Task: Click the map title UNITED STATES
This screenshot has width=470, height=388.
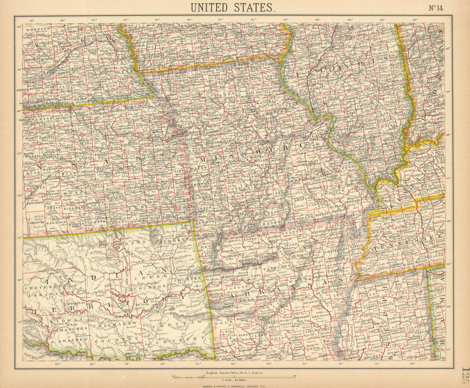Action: (232, 7)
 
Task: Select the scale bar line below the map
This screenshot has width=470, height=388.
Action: (234, 376)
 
